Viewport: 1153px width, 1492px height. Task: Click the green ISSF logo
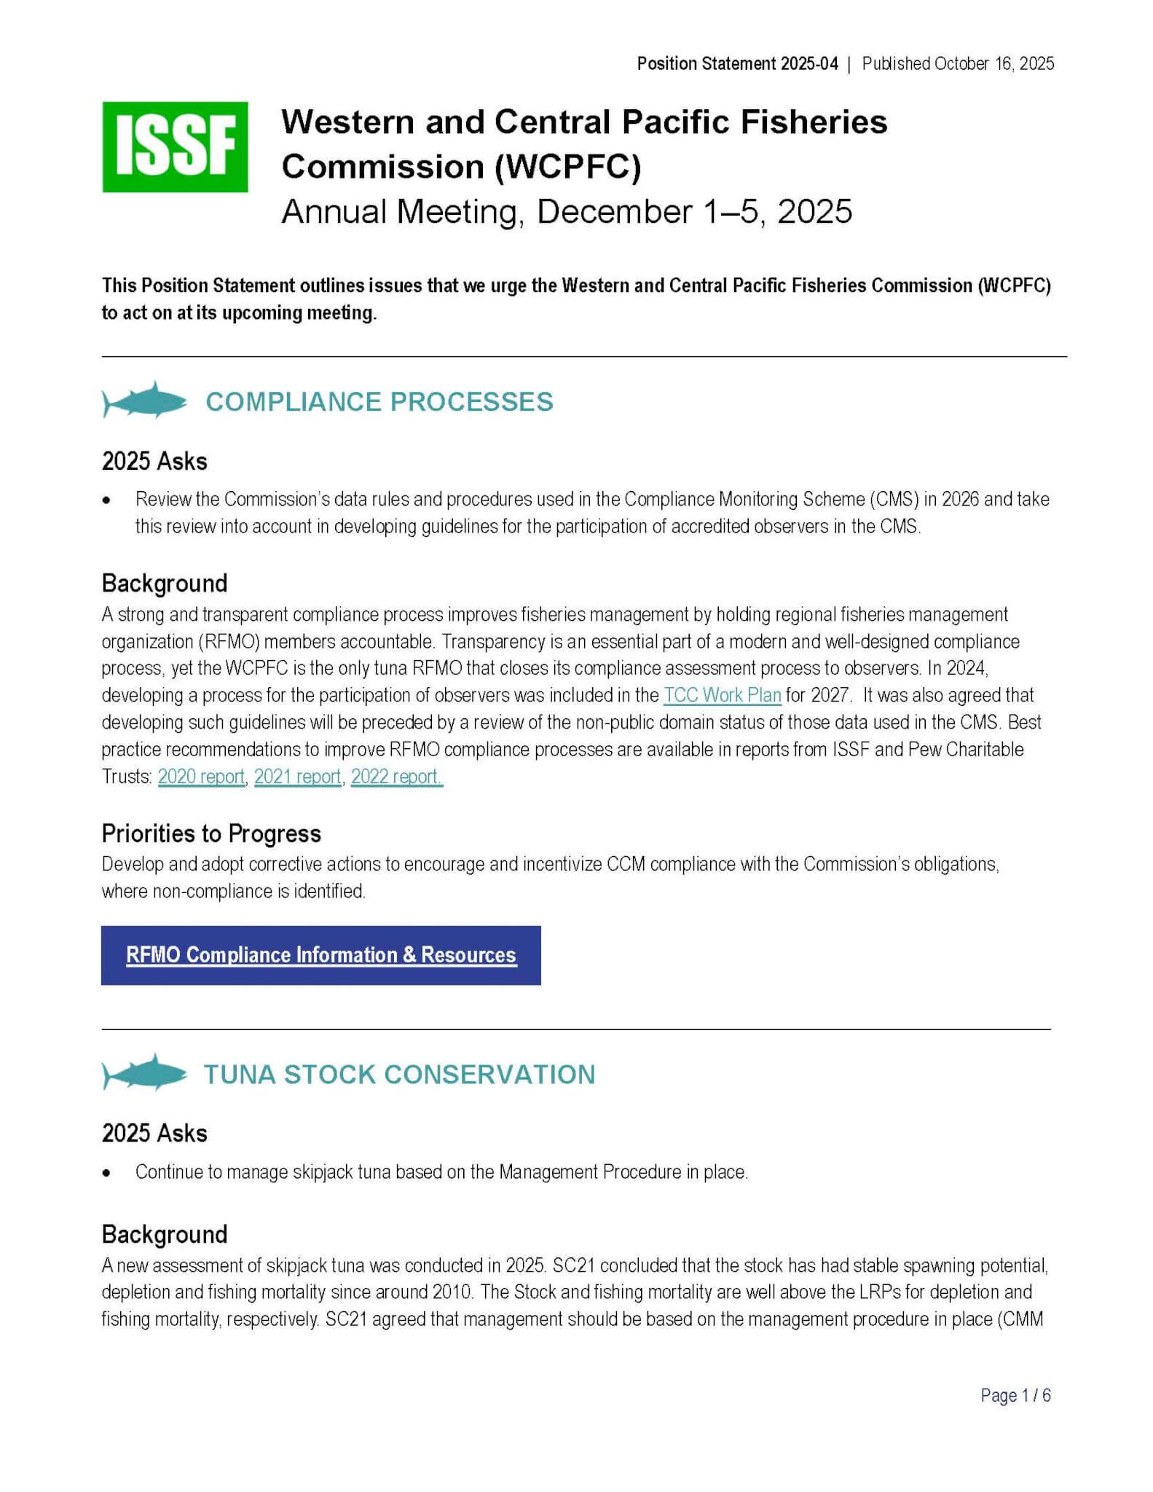175,146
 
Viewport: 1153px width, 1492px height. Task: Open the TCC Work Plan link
722,695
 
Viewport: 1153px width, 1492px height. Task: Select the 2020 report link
201,777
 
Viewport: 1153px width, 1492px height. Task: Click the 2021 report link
297,777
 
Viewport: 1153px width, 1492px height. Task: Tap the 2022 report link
396,777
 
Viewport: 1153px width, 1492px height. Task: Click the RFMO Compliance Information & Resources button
320,955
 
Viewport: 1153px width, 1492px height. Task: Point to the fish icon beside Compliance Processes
145,401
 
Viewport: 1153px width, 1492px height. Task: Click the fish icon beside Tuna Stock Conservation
145,1073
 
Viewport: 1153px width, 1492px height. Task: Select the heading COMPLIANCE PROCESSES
379,402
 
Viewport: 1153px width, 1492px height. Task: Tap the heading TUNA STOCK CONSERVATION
399,1075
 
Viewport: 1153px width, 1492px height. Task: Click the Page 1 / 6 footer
1015,1395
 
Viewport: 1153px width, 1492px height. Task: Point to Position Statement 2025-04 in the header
737,64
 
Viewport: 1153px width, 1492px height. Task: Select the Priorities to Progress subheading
211,833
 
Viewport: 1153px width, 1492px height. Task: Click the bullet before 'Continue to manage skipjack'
107,1173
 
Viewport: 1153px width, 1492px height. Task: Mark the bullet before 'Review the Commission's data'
107,500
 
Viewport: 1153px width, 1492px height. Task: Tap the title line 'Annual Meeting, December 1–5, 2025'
566,212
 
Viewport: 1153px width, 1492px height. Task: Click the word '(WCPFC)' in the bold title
568,167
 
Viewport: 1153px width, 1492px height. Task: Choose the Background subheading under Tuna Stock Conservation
165,1234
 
